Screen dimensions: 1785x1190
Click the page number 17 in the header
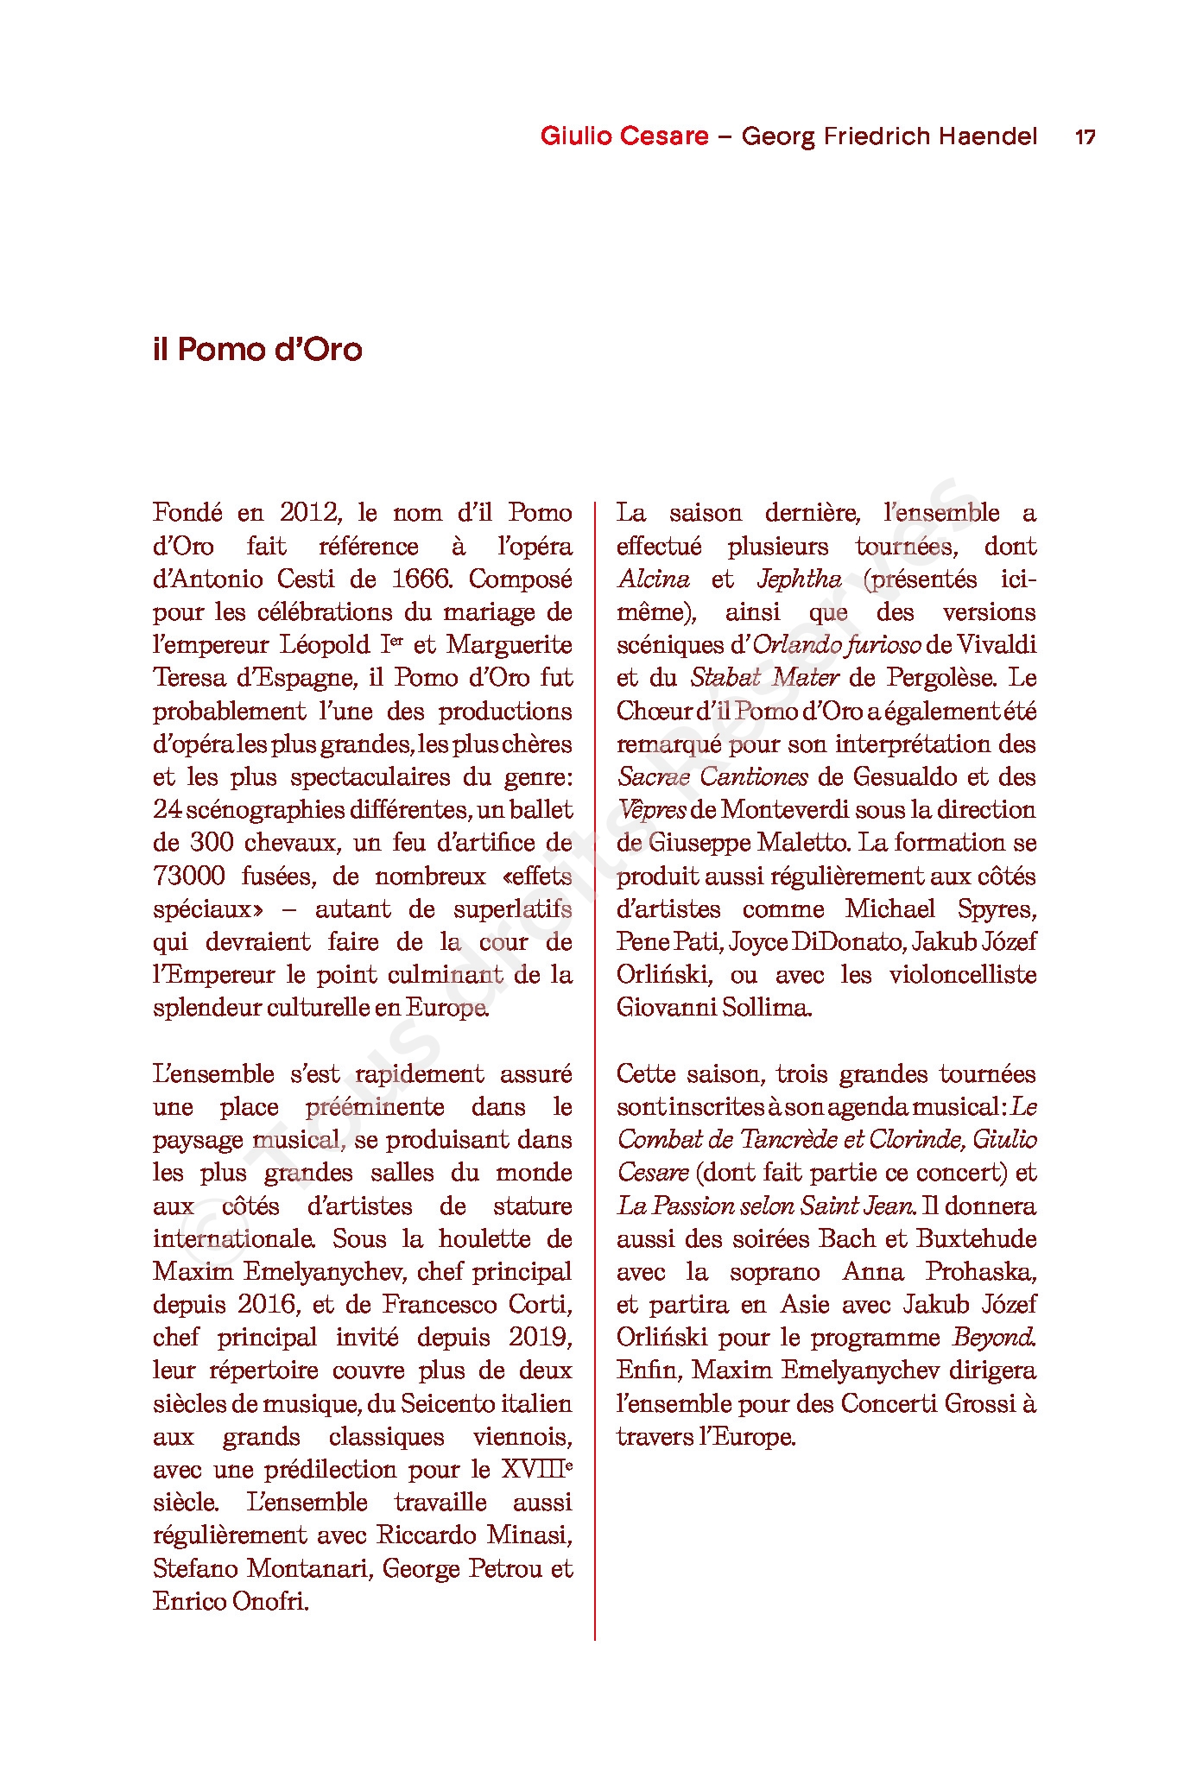coord(1085,136)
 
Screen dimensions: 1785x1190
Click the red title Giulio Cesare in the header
coord(624,136)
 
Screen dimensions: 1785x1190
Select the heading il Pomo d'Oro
coord(257,350)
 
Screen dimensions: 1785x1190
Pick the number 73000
coord(189,876)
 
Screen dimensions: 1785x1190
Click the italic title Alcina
coord(654,579)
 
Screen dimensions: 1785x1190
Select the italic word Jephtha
coord(799,579)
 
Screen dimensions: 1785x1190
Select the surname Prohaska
coord(981,1271)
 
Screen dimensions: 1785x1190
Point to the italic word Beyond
coord(994,1337)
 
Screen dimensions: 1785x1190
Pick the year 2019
coord(539,1337)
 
